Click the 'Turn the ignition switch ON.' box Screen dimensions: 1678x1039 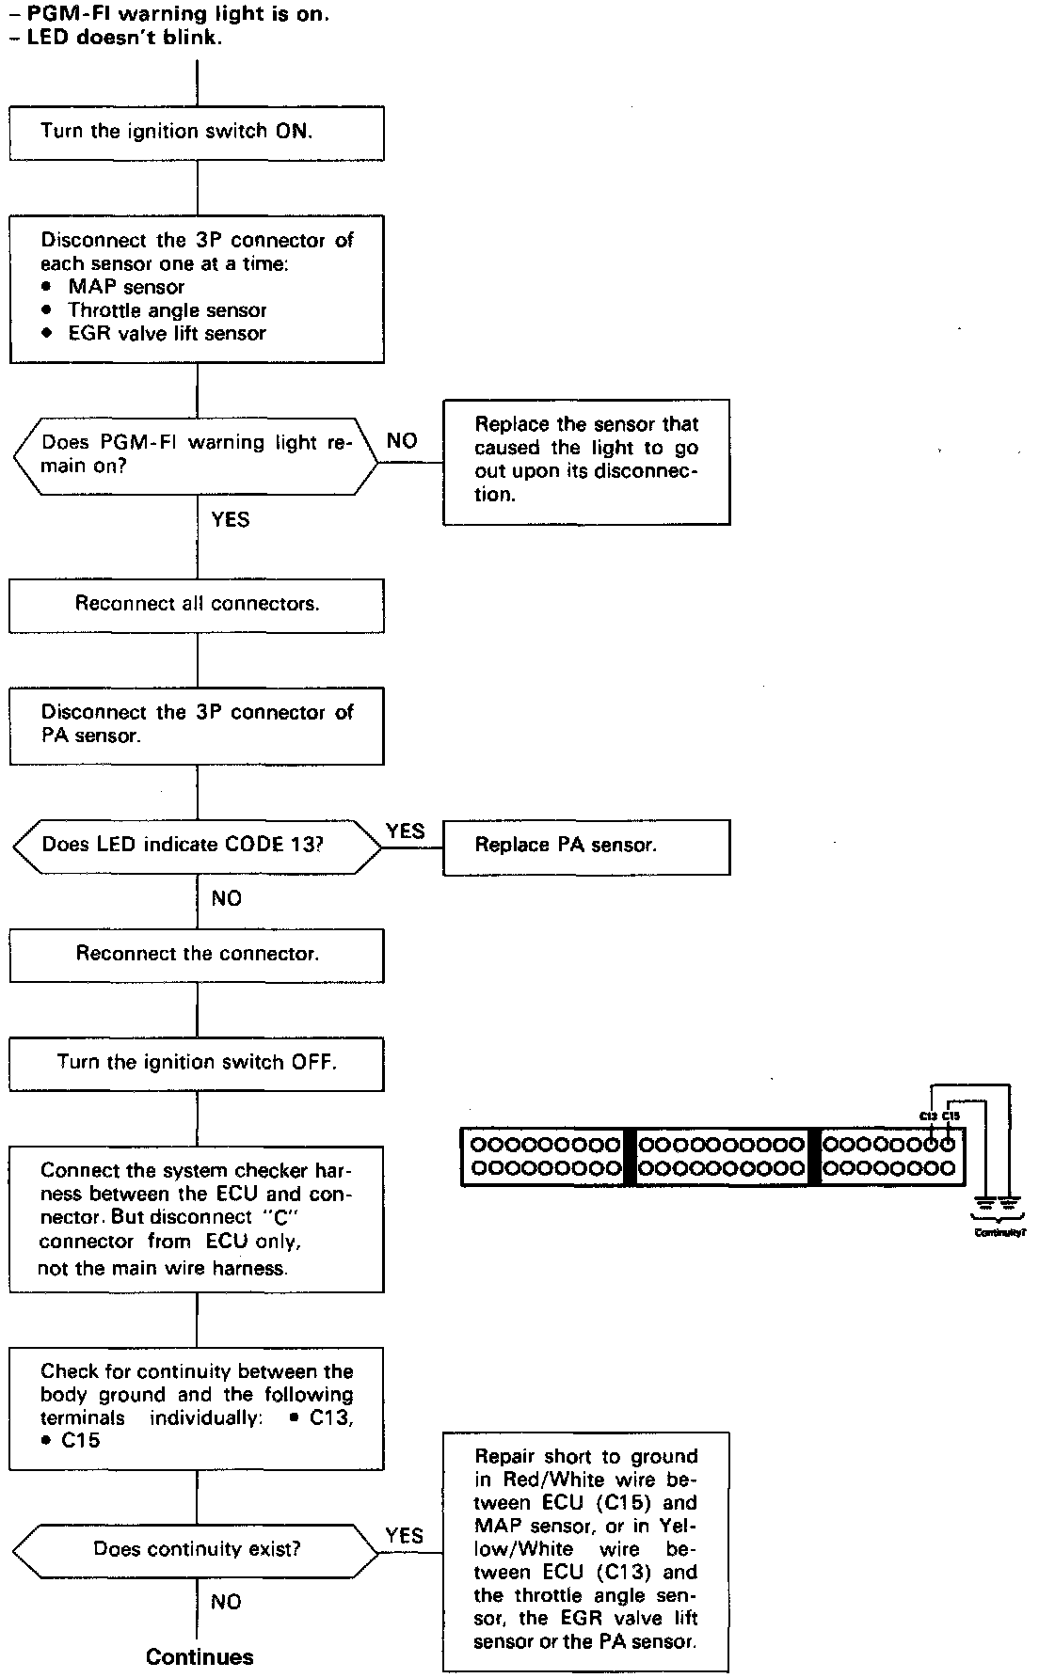[197, 132]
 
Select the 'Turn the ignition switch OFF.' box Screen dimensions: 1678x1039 [197, 1063]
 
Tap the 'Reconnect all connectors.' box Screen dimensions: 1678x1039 [197, 604]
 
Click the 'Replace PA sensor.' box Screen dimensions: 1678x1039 [585, 846]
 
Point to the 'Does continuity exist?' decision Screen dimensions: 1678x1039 [197, 1549]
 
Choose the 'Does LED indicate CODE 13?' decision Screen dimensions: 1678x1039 [197, 844]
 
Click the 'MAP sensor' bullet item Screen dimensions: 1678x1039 [125, 287]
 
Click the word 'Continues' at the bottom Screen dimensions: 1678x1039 [200, 1657]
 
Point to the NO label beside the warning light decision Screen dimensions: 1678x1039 [402, 441]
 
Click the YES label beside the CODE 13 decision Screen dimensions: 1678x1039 [406, 831]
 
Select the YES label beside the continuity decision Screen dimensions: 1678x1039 [405, 1536]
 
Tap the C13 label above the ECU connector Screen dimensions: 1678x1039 [929, 1116]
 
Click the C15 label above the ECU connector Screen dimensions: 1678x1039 [951, 1116]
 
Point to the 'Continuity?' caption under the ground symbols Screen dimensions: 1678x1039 [999, 1231]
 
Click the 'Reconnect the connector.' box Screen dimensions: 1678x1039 [197, 955]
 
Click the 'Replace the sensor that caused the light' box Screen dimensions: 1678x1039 [585, 461]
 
